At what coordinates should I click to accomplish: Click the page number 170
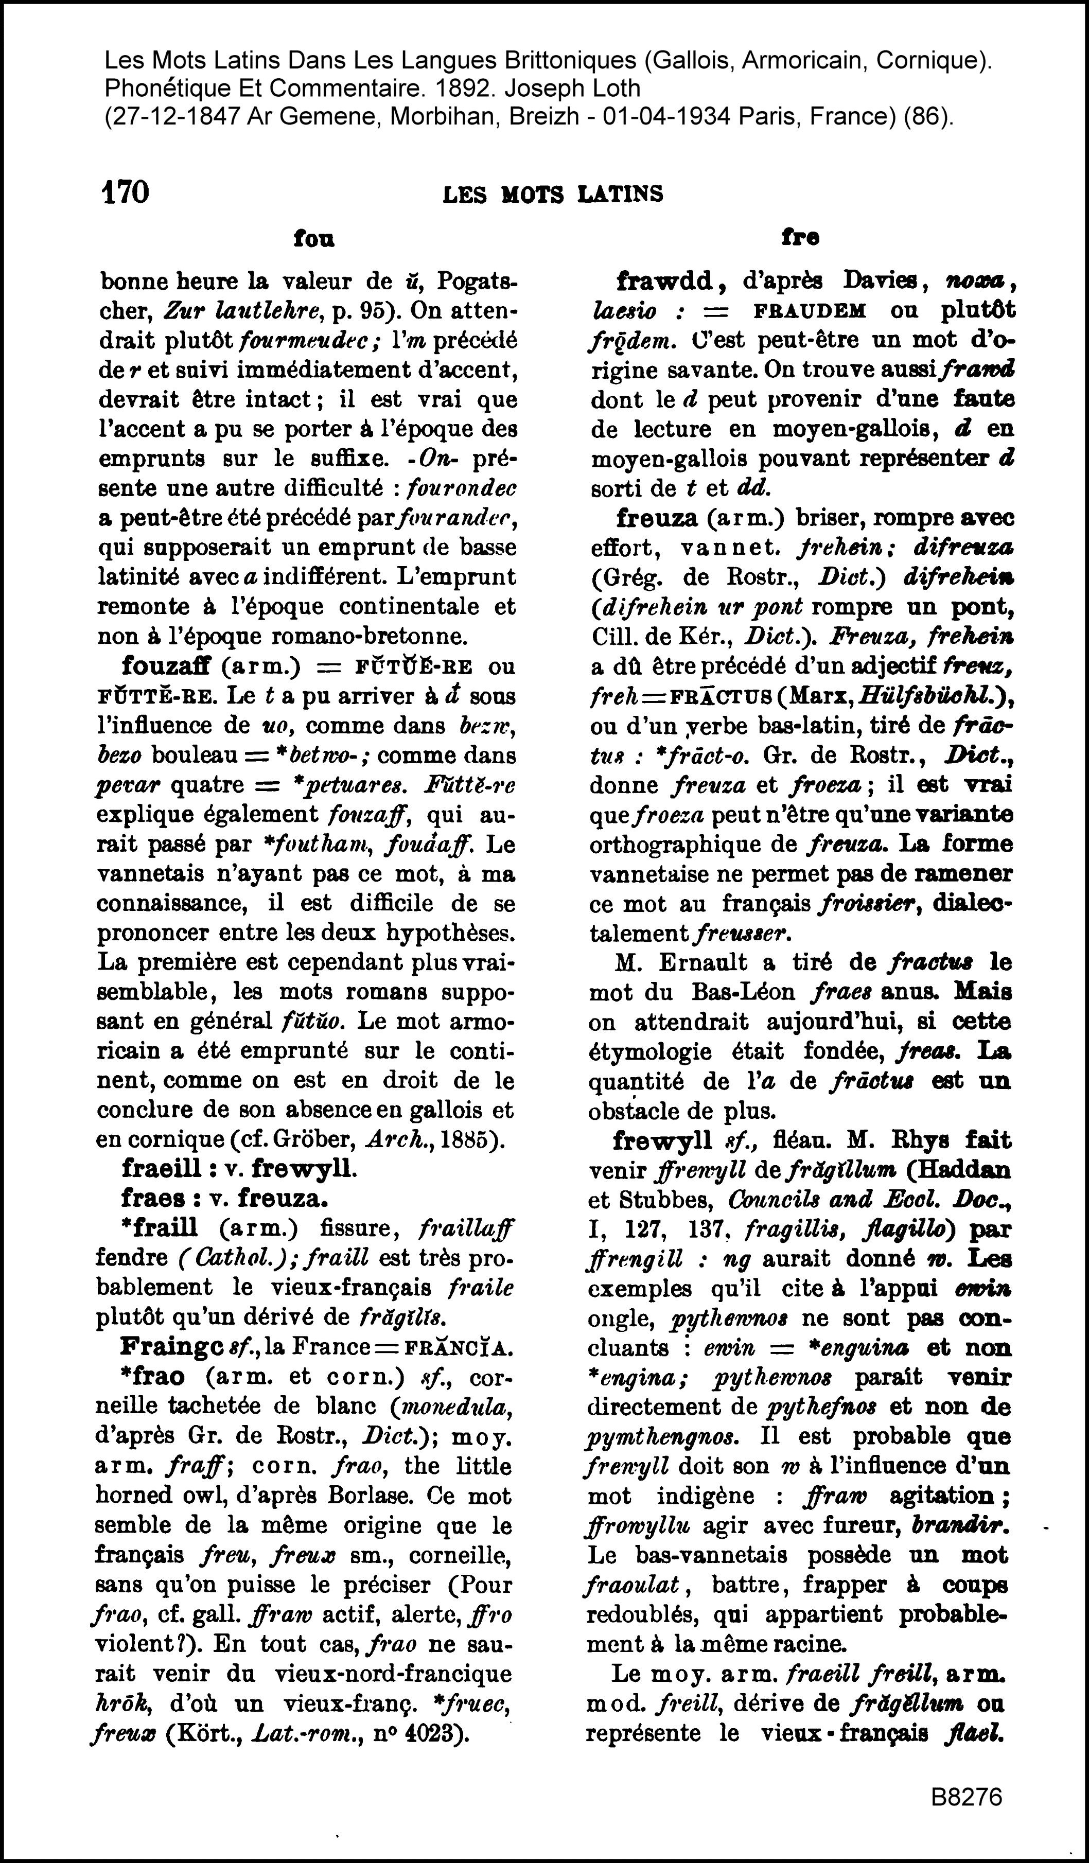pyautogui.click(x=125, y=192)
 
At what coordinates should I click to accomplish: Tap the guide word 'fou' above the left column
pyautogui.click(x=313, y=238)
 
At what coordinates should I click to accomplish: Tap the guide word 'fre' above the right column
pyautogui.click(x=799, y=237)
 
